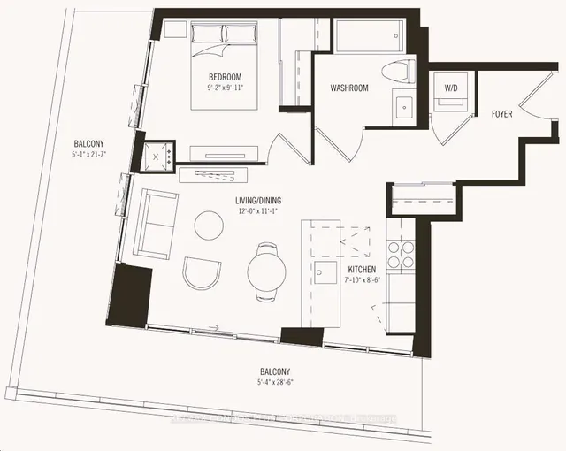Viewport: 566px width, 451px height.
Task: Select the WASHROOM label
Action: (349, 88)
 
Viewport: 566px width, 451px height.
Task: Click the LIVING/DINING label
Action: (258, 201)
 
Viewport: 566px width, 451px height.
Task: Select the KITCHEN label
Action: (362, 269)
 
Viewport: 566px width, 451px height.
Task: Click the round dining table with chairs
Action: (264, 270)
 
